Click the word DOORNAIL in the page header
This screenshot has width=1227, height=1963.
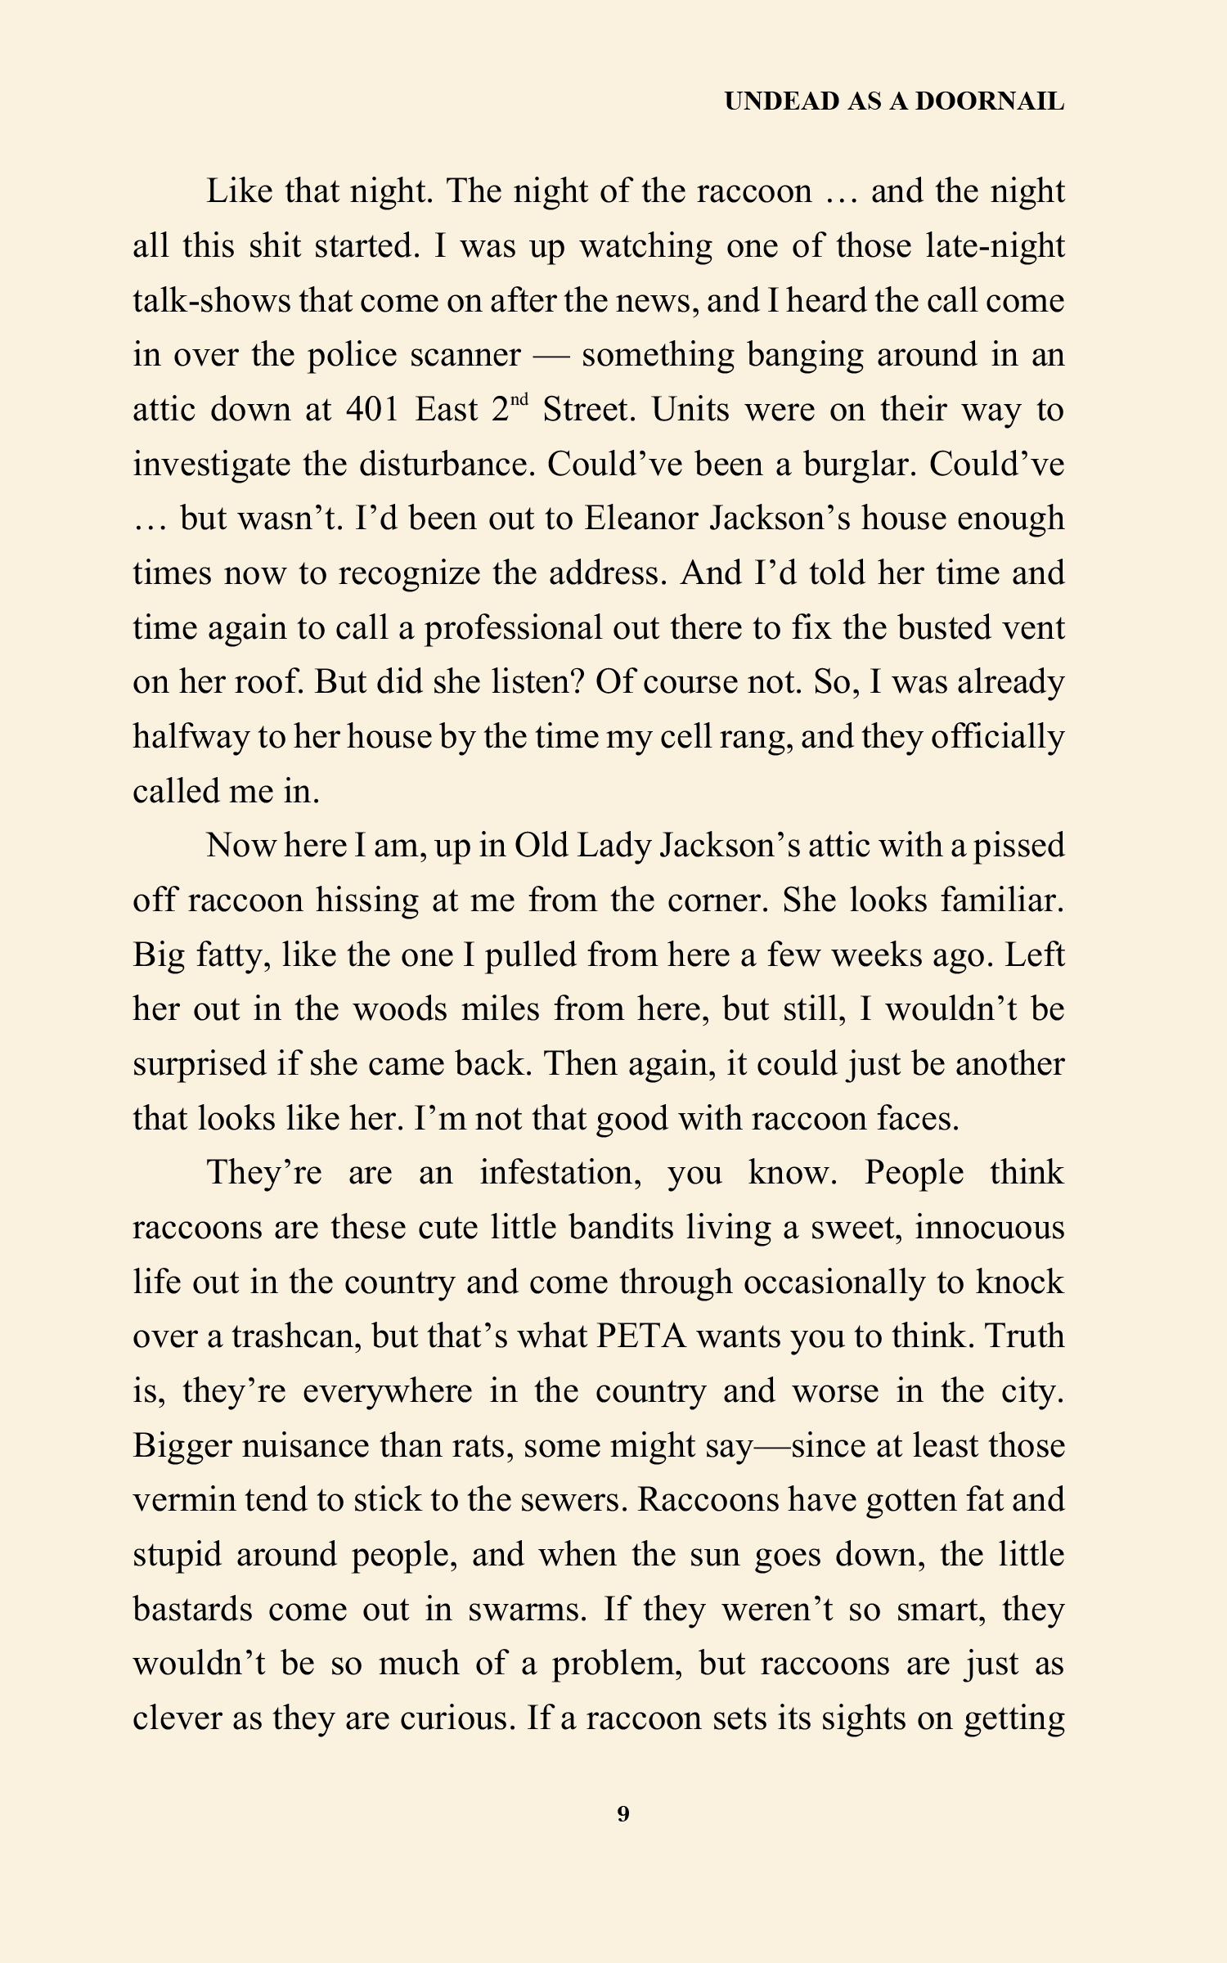coord(989,101)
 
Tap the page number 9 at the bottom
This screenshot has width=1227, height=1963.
coord(623,1813)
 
